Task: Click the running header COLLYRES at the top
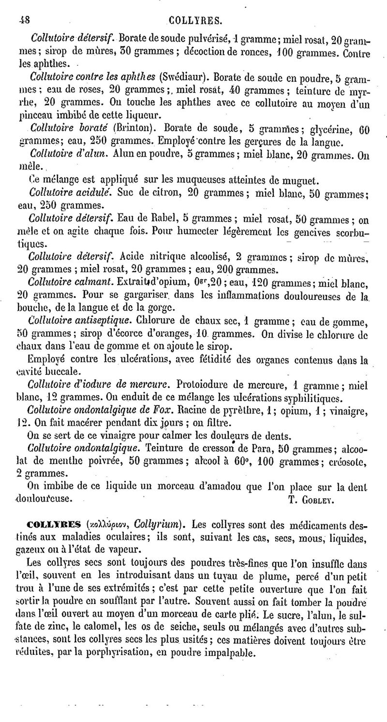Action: coord(196,20)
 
